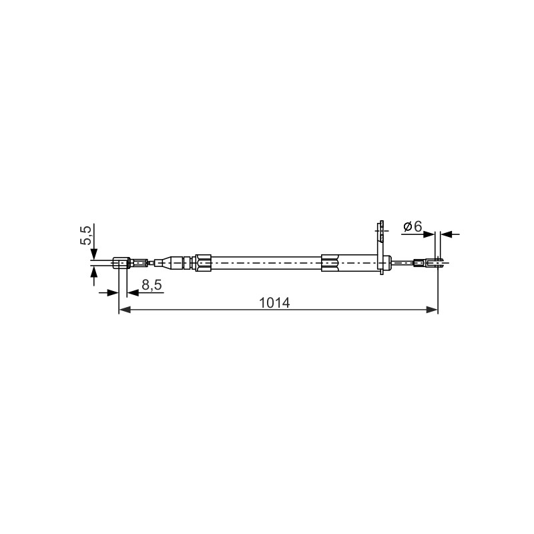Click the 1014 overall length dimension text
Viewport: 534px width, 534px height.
coord(274,303)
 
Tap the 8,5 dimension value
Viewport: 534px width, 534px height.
coord(152,285)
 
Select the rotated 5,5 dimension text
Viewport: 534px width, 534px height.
coord(86,236)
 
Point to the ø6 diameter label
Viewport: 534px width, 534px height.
coord(413,226)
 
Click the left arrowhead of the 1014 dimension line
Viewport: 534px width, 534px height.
coord(125,310)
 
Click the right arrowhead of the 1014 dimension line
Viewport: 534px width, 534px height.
coord(432,310)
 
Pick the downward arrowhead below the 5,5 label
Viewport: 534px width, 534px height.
coord(94,254)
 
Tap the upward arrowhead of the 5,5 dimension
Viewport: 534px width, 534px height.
coord(94,272)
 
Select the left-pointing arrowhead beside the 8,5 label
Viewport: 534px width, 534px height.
coord(132,292)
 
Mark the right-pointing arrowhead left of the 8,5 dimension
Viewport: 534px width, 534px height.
coord(113,292)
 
